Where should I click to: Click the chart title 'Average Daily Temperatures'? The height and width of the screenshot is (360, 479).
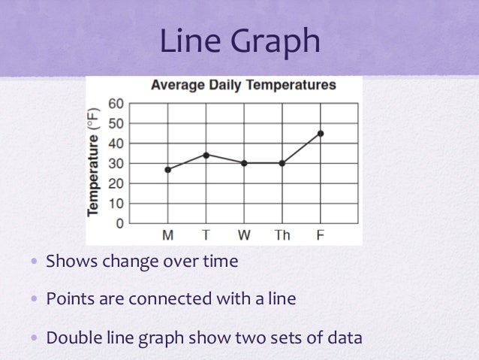(x=243, y=85)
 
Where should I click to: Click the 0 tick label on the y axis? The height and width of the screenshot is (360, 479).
(x=119, y=223)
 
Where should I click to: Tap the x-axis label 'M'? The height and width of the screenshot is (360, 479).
(x=167, y=236)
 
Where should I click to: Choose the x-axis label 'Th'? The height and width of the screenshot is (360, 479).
(x=282, y=236)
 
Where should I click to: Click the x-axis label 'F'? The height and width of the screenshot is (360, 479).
(x=321, y=236)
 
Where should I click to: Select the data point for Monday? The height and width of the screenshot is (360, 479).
(x=167, y=170)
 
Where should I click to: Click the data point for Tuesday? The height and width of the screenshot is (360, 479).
(x=206, y=155)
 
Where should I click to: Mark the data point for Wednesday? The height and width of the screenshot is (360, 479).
(x=244, y=163)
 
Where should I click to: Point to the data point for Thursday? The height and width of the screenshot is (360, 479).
(x=282, y=163)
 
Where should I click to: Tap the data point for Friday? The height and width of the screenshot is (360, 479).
(x=321, y=133)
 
